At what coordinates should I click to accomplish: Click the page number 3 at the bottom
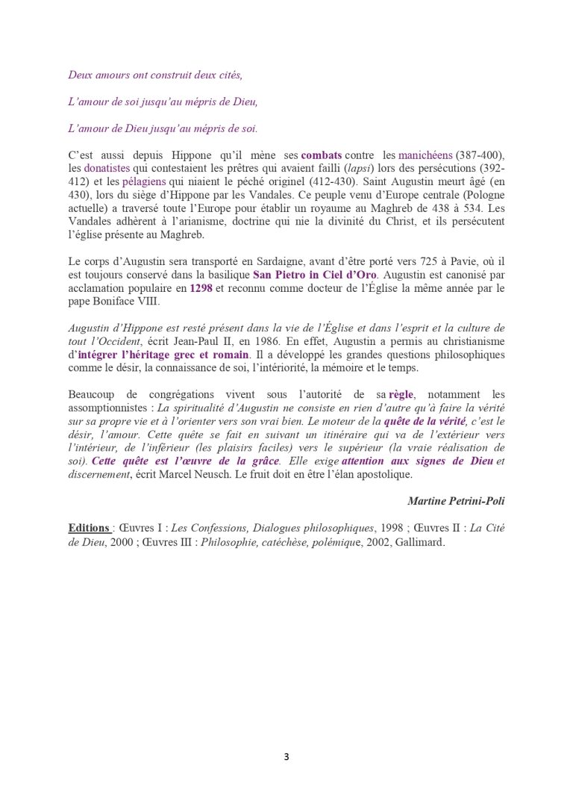286,757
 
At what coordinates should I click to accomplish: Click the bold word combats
322,155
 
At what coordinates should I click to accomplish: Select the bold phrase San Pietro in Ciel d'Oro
310,274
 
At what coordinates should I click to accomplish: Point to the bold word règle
401,394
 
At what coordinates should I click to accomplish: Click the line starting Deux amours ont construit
155,75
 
